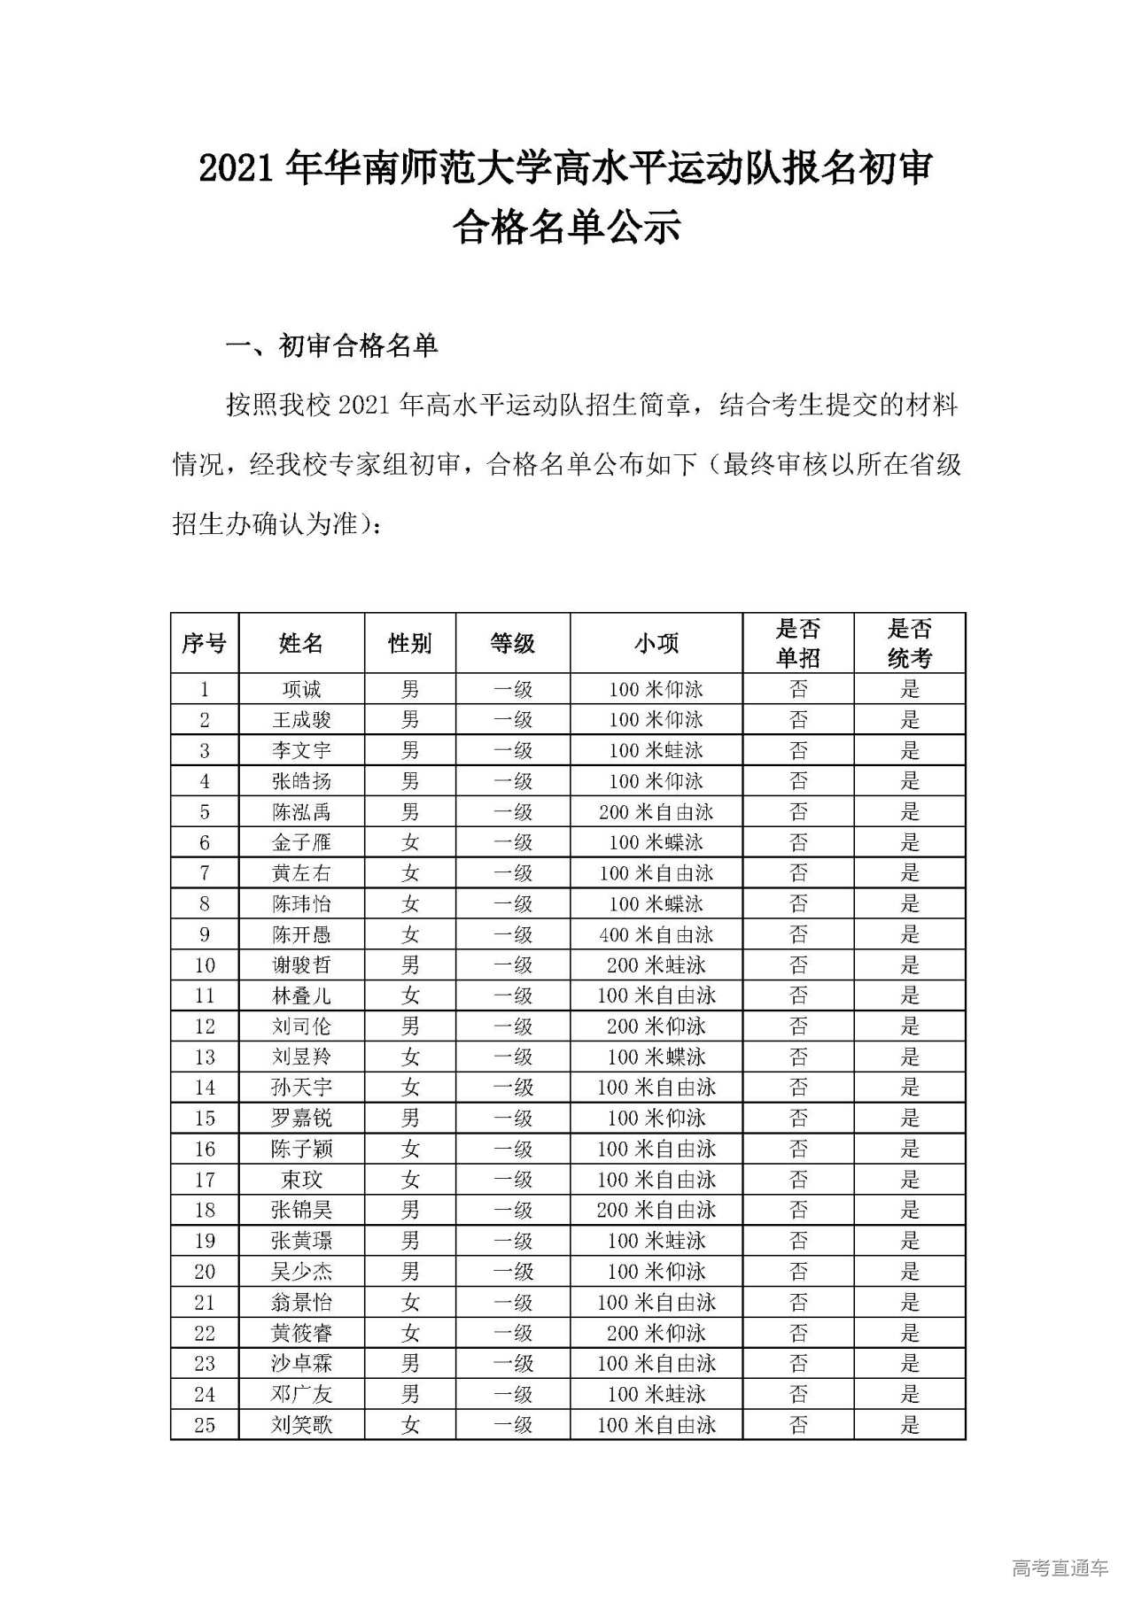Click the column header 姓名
[301, 643]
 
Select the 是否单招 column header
[797, 643]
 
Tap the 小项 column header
[656, 643]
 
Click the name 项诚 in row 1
[301, 689]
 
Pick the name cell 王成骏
[301, 720]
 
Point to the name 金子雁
[301, 842]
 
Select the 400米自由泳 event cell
[656, 934]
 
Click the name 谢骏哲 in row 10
[301, 965]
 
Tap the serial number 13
[205, 1057]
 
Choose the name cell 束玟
[301, 1180]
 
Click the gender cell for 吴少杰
[409, 1272]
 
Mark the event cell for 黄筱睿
[656, 1333]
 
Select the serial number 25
[205, 1425]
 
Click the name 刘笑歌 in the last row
[301, 1425]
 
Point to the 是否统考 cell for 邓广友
[910, 1394]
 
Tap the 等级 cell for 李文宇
[513, 751]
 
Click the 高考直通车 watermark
[1060, 1568]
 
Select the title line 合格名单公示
[566, 228]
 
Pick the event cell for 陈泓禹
[656, 812]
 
